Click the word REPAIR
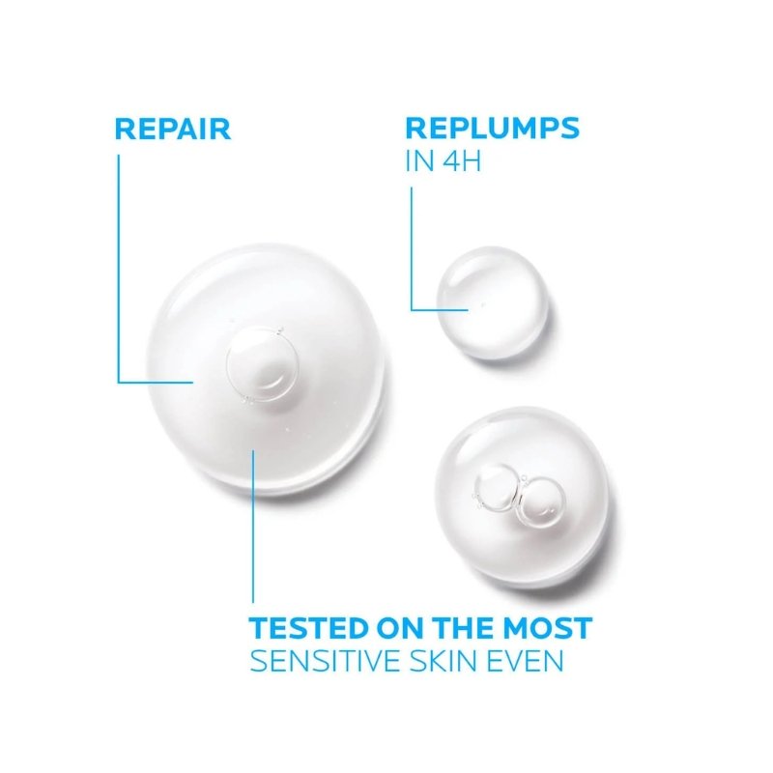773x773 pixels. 173,129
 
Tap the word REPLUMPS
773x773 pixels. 492,129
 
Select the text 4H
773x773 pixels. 462,161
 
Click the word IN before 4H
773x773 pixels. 420,161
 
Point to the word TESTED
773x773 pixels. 309,627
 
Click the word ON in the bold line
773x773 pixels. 400,627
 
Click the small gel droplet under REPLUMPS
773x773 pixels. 492,302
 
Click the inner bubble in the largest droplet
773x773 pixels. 262,364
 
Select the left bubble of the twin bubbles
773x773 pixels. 497,488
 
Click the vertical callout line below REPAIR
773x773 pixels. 119,269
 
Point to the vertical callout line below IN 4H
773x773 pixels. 412,248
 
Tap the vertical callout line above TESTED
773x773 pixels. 253,526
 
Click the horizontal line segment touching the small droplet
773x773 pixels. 440,309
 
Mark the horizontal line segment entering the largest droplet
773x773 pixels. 156,382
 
